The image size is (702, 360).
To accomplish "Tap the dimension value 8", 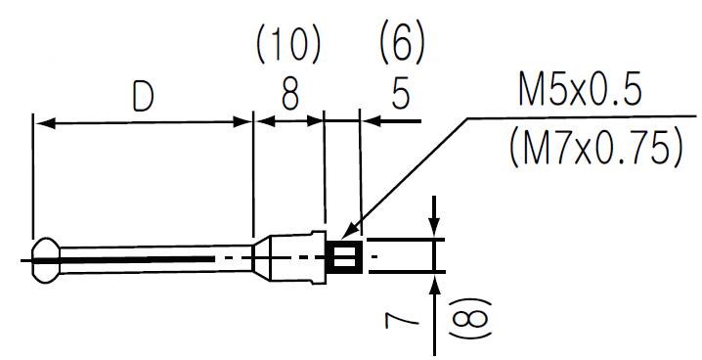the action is point(288,96).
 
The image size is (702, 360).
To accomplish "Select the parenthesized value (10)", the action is point(288,44).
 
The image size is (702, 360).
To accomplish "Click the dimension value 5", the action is point(400,96).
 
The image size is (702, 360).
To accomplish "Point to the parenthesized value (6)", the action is point(401,44).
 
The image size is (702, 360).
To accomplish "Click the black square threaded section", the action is point(343,257).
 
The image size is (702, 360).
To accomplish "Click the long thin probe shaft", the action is point(147,257).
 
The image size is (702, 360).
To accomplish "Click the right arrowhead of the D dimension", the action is point(244,122).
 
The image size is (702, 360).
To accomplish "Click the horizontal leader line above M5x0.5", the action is point(577,118).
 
